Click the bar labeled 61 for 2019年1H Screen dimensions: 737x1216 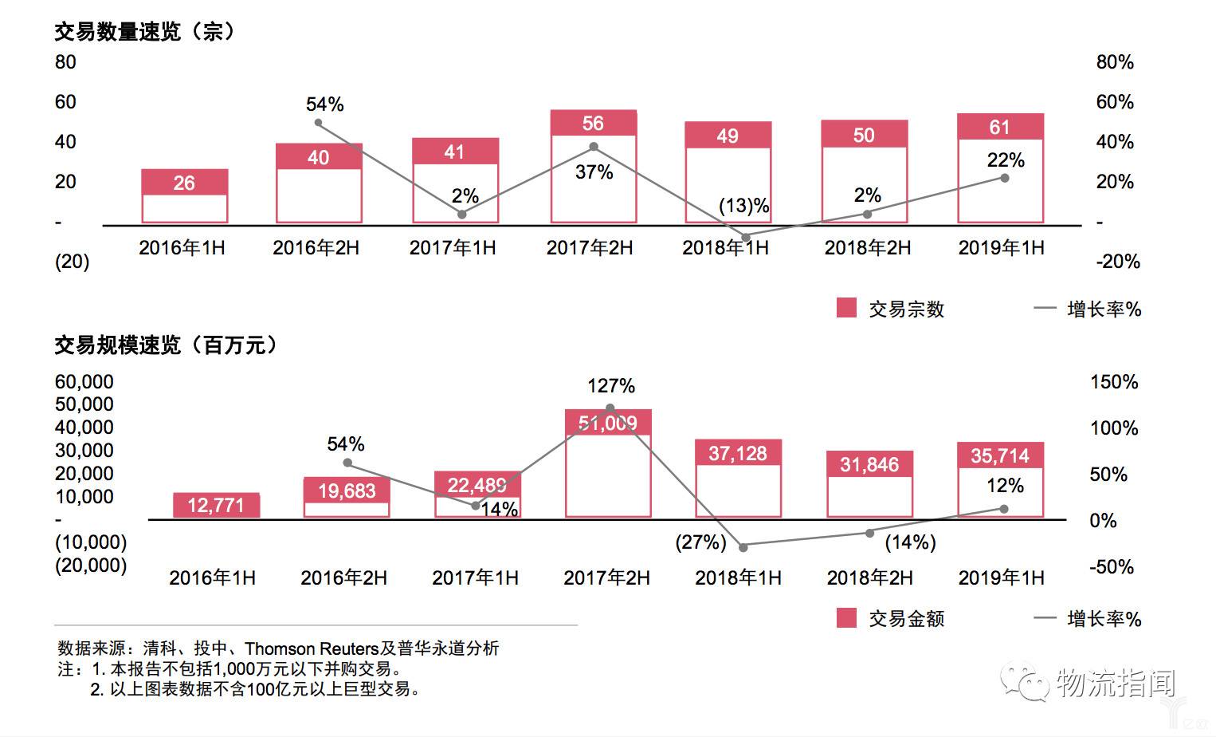tap(1000, 168)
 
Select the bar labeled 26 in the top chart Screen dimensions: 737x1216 tap(184, 195)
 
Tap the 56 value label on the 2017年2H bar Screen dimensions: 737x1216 tap(593, 124)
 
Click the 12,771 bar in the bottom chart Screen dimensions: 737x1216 tap(216, 505)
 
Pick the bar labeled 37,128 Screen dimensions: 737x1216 tap(738, 479)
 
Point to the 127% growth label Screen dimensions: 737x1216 tap(611, 386)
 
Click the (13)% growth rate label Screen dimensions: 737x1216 tap(743, 206)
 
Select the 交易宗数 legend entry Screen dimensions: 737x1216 tap(890, 309)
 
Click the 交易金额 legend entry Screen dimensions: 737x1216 tap(890, 618)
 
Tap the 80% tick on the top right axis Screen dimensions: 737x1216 tap(1114, 62)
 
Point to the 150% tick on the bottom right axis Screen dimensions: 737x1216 tap(1113, 382)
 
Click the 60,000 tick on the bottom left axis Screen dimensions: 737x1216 tap(84, 382)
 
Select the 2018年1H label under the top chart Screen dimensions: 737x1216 tap(725, 248)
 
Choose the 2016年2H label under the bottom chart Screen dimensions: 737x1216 tap(343, 577)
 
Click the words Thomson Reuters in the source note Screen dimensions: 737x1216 tap(311, 648)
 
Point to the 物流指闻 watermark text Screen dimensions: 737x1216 tap(1115, 684)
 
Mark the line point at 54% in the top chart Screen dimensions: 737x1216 tap(318, 123)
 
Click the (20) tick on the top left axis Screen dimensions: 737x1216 tap(72, 262)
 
